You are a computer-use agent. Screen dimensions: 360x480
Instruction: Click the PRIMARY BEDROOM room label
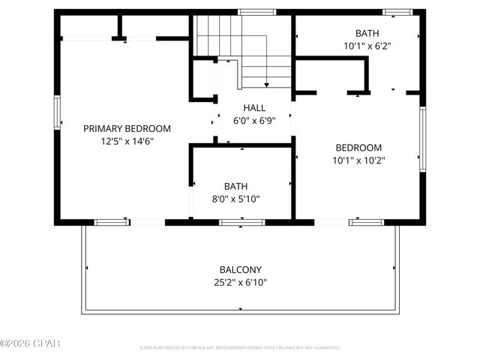[x=127, y=128]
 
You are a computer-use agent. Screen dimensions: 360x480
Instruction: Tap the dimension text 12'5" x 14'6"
[x=127, y=140]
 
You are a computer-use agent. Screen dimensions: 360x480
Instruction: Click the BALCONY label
[x=240, y=270]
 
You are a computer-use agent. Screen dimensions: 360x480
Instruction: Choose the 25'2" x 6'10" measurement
[x=240, y=283]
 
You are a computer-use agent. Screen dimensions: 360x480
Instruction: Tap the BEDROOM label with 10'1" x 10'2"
[x=358, y=148]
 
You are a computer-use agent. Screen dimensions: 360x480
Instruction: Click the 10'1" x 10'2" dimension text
[x=358, y=160]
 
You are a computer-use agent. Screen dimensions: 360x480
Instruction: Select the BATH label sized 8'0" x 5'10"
[x=235, y=186]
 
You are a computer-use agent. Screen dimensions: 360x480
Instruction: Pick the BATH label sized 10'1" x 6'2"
[x=367, y=32]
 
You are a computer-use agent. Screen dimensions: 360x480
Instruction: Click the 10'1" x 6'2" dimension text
[x=367, y=45]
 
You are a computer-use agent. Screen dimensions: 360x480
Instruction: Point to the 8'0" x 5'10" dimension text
[x=235, y=199]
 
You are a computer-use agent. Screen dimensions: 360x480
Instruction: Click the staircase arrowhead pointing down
[x=267, y=84]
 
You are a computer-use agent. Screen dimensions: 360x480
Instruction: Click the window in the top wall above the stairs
[x=252, y=12]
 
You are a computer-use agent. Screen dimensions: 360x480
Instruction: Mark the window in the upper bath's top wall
[x=397, y=12]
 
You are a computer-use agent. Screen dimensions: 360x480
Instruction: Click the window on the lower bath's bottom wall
[x=241, y=222]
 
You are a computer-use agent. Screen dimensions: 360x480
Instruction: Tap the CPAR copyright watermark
[x=30, y=343]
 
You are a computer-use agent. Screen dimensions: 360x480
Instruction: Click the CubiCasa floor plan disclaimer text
[x=240, y=348]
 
